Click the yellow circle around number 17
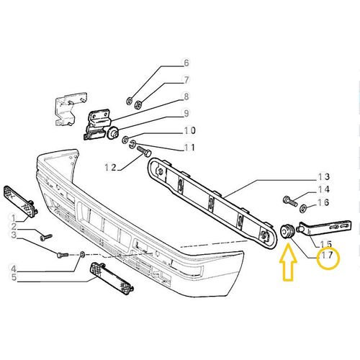click(329, 256)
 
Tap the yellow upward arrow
click(288, 261)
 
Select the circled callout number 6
click(165, 63)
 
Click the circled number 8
click(165, 96)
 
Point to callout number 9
click(165, 113)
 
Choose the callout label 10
click(169, 131)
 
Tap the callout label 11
click(169, 148)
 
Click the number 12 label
click(110, 167)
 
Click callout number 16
click(323, 204)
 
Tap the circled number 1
click(14, 218)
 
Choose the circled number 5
click(14, 276)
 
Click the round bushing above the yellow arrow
click(287, 230)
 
